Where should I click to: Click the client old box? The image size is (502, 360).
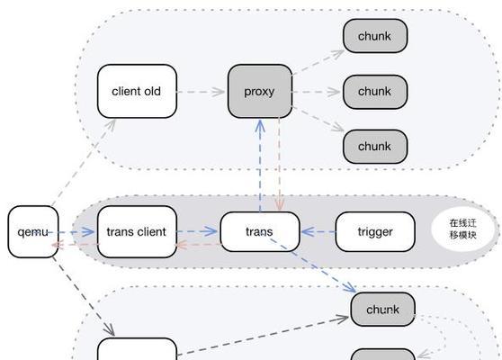click(x=137, y=91)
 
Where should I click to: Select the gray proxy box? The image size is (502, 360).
click(x=260, y=91)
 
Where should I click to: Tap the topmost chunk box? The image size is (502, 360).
click(x=375, y=36)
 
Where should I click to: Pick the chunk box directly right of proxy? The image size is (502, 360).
click(x=375, y=92)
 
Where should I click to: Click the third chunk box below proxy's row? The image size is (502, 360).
click(x=375, y=147)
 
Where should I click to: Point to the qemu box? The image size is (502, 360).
click(x=33, y=231)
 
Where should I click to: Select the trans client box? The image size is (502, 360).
click(x=137, y=231)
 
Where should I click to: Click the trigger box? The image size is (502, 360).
click(x=375, y=231)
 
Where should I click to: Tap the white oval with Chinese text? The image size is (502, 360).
click(x=463, y=229)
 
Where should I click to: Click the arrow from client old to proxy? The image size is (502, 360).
click(x=201, y=92)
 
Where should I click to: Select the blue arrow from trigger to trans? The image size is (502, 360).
click(x=318, y=231)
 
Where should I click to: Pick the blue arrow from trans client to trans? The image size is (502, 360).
click(x=197, y=231)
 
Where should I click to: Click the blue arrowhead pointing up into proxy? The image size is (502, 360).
click(x=260, y=126)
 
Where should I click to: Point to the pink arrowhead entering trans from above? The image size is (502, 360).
click(x=280, y=205)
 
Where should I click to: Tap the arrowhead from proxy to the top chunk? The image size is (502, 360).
click(x=337, y=54)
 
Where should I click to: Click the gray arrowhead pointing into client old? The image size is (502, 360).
click(x=111, y=124)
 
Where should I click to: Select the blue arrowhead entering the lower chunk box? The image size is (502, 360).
click(x=350, y=287)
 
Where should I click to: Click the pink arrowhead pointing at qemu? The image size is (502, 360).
click(x=56, y=245)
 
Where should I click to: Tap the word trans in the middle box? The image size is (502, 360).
click(x=259, y=231)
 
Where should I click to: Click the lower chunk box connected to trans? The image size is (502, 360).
click(x=383, y=310)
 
